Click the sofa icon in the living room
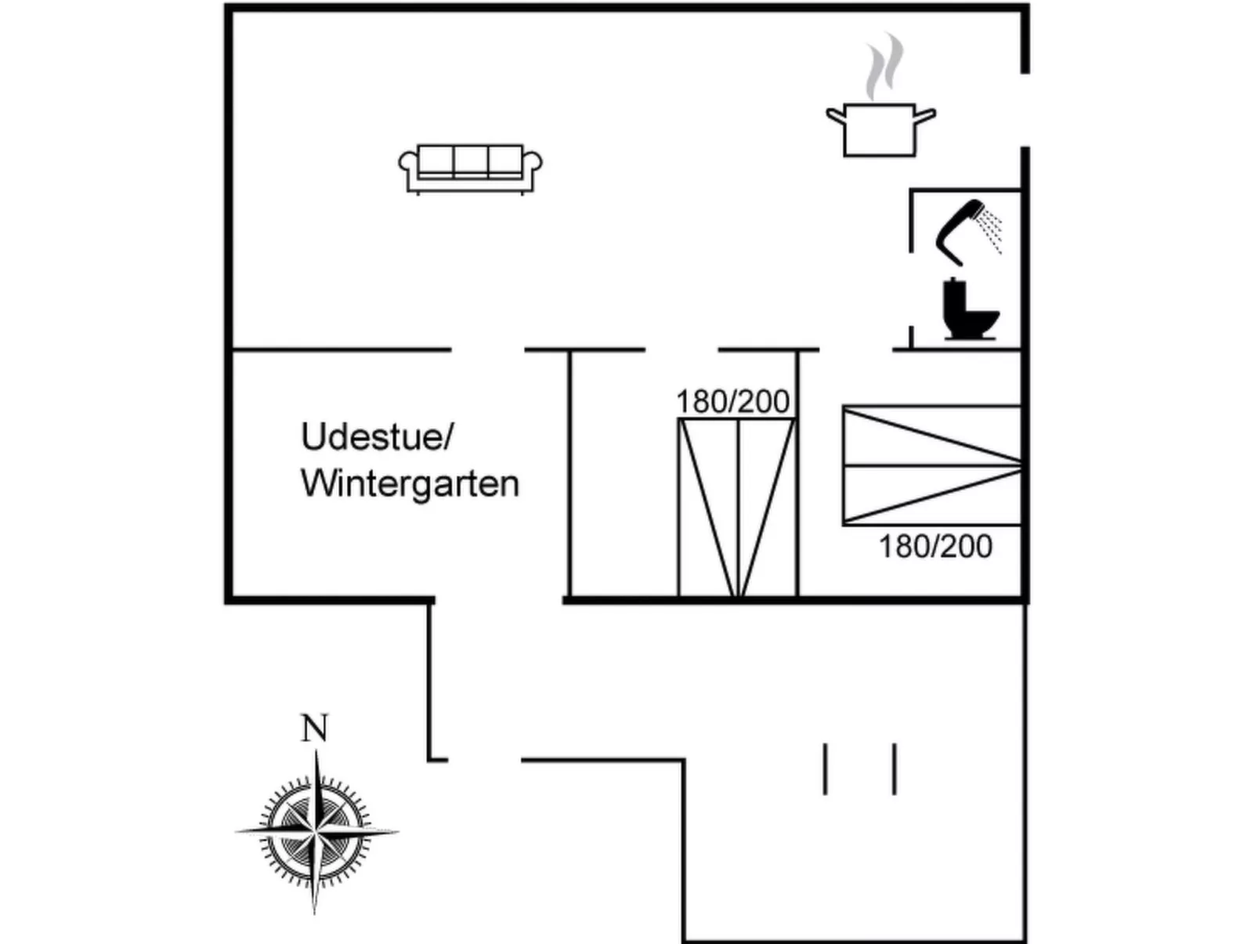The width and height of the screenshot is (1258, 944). [470, 168]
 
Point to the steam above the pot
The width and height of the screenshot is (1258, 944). [884, 67]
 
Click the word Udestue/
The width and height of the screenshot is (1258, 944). [377, 437]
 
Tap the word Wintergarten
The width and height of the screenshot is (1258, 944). [410, 484]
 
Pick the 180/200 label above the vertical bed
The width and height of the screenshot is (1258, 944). [732, 402]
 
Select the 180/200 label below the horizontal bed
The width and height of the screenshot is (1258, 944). [935, 547]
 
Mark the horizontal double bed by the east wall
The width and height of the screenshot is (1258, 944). [932, 465]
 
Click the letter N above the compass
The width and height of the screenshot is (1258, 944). [314, 729]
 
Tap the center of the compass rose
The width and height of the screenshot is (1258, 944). [315, 830]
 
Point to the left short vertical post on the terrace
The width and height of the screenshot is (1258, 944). [825, 769]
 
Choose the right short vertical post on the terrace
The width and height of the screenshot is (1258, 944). [895, 769]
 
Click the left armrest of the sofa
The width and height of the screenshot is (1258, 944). [407, 165]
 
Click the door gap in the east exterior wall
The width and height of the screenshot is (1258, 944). [1025, 110]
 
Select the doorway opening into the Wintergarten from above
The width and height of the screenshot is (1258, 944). [487, 349]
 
